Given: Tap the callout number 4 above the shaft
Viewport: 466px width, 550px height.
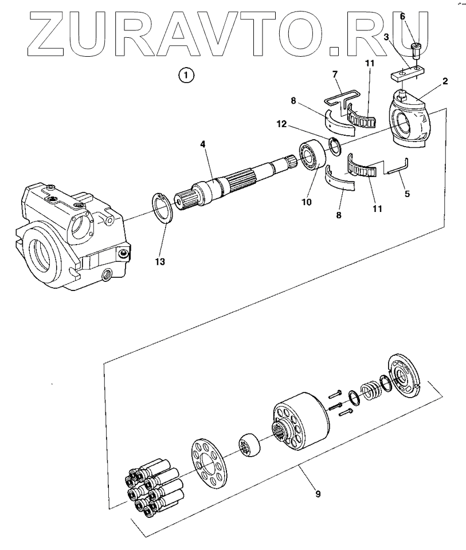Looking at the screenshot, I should (202, 145).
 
